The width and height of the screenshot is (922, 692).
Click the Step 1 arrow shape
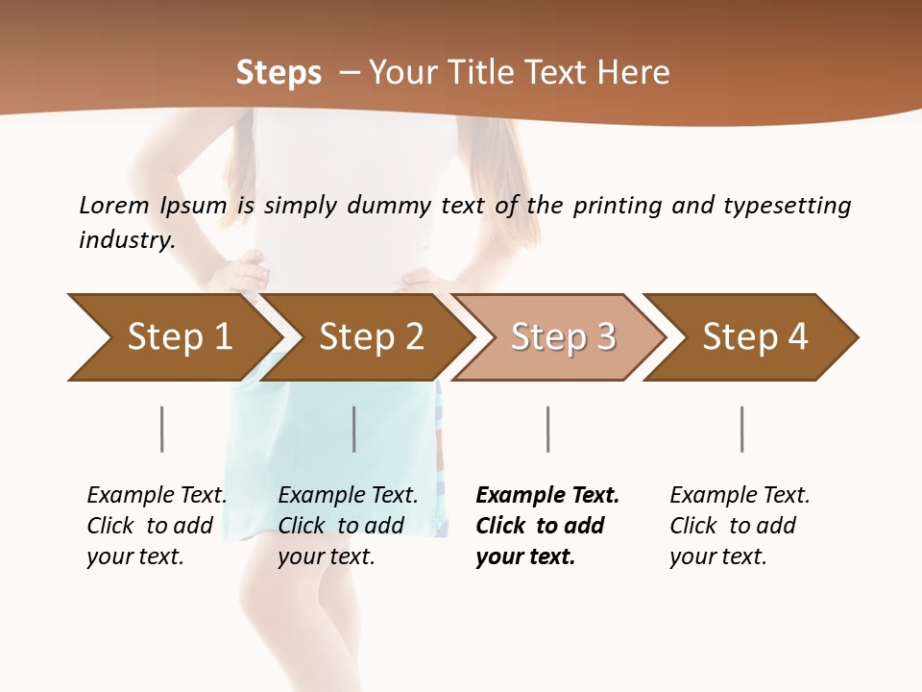point(173,337)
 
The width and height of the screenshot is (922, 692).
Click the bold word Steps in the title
point(279,73)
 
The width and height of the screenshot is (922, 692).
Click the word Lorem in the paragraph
point(114,205)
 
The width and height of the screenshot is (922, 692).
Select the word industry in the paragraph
point(126,239)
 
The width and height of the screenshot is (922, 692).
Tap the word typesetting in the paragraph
point(787,205)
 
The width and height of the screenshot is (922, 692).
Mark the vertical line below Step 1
point(161,429)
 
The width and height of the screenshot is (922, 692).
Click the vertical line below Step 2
point(354,429)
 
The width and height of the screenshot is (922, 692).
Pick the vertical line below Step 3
point(547,429)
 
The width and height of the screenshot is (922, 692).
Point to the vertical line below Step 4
point(741,429)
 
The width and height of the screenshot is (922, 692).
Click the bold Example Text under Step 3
point(547,496)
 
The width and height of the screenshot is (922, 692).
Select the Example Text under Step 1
point(157,496)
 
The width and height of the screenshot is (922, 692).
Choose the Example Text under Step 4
point(740,496)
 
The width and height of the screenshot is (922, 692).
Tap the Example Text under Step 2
point(348,496)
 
